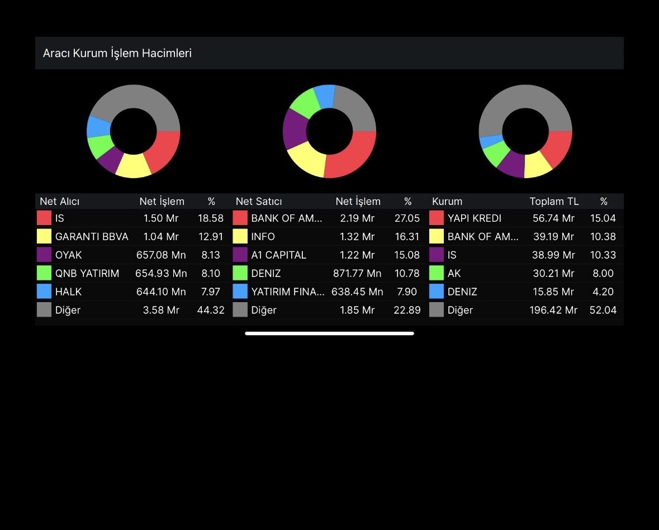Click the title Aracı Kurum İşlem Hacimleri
[x=117, y=54]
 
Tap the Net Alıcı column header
[x=60, y=202]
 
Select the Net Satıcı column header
[x=259, y=202]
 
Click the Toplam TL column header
[x=554, y=202]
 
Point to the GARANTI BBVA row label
[x=92, y=237]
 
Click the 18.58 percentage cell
[x=211, y=218]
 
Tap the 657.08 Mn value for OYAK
[x=161, y=255]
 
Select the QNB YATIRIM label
[x=87, y=274]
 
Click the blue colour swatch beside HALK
[x=44, y=292]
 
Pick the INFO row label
[x=263, y=237]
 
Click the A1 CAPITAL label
[x=279, y=255]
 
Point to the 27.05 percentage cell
[x=407, y=218]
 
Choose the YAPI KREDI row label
[x=475, y=218]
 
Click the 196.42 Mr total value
[x=553, y=310]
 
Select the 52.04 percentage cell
[x=603, y=310]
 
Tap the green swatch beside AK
[x=437, y=273]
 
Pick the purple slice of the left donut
[x=110, y=161]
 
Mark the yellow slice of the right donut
[x=538, y=165]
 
